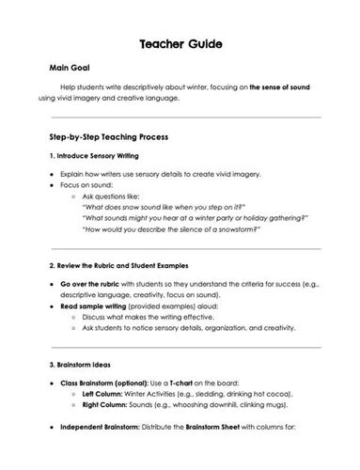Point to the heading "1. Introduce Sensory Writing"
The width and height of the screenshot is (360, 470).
93,155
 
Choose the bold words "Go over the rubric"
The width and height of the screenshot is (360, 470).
91,283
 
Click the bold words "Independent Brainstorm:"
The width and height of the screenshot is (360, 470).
102,427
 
